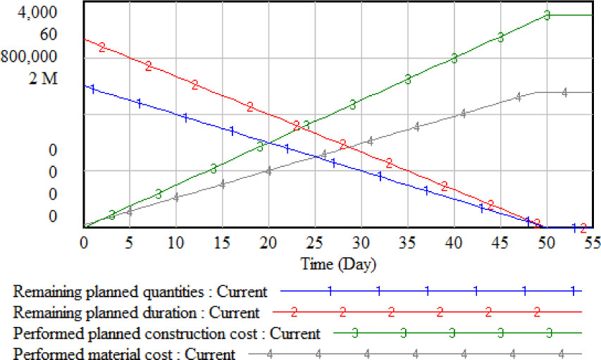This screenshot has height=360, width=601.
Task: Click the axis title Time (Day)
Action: coord(338,265)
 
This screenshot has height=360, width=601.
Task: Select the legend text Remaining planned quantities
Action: coord(140,291)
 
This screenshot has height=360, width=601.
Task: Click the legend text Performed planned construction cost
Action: coord(167,333)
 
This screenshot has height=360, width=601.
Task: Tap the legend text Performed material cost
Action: coord(124,352)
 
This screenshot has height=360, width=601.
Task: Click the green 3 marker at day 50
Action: coord(547,15)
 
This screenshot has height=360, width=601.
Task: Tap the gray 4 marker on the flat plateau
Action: coord(564,92)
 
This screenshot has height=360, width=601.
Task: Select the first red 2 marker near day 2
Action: coord(102,47)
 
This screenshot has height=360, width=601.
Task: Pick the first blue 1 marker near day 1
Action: coord(92,89)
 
